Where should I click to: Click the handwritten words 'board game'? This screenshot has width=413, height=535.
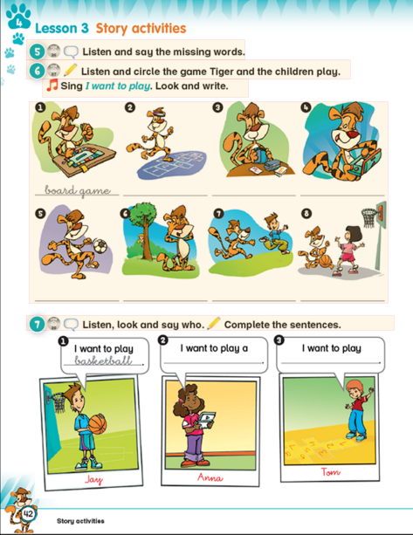78,191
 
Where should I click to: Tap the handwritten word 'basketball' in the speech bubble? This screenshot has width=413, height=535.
102,360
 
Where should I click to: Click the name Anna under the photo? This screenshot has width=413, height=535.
210,477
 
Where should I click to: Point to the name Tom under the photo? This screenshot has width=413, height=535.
330,472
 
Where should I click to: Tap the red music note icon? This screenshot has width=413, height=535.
52,86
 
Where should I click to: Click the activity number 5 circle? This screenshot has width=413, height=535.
36,51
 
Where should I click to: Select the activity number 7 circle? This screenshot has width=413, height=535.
36,325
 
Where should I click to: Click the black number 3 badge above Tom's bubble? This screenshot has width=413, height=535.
279,340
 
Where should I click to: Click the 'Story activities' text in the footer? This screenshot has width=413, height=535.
80,521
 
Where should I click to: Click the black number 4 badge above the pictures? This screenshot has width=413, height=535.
305,107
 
